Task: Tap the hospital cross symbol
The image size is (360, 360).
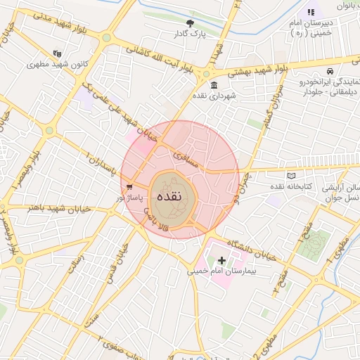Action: [222, 260]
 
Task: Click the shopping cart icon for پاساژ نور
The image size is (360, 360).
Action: [130, 186]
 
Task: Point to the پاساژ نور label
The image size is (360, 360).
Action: [131, 198]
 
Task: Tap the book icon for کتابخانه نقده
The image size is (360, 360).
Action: [292, 175]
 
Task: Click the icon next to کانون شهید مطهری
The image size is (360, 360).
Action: [57, 53]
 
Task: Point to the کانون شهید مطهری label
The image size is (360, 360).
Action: [57, 64]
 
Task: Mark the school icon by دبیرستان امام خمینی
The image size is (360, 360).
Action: [310, 12]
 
